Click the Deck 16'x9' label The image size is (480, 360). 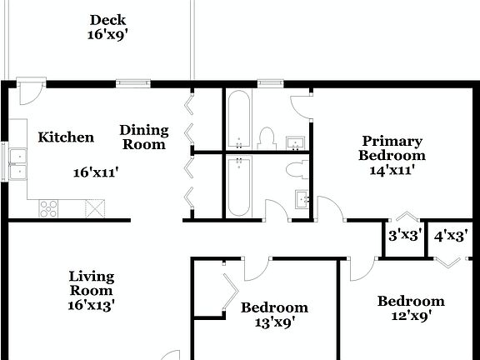coord(107,27)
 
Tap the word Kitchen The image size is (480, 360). coord(66,137)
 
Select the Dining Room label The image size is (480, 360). coord(144,137)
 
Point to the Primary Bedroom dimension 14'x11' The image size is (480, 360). coord(392,169)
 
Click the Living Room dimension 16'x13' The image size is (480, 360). coord(92,305)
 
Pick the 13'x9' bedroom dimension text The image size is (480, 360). coord(274,322)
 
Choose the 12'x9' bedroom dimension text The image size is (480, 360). coord(410,316)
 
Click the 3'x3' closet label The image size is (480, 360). coord(405,236)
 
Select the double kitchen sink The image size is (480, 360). coord(17,162)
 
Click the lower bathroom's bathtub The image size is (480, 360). coord(238,186)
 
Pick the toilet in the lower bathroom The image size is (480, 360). coord(293,171)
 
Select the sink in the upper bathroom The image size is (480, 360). coord(295,143)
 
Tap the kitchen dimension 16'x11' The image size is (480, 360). coord(96,172)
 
